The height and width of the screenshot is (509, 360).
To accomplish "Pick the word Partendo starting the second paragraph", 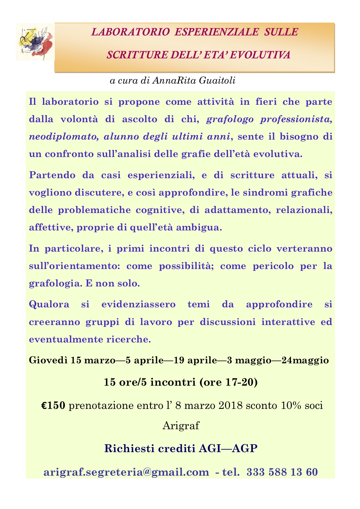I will (47, 175).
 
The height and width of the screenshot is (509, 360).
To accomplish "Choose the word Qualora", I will (49, 304).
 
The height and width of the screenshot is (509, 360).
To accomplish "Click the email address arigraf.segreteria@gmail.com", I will (126, 472).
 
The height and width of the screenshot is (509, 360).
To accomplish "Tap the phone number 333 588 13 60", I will (282, 472).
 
